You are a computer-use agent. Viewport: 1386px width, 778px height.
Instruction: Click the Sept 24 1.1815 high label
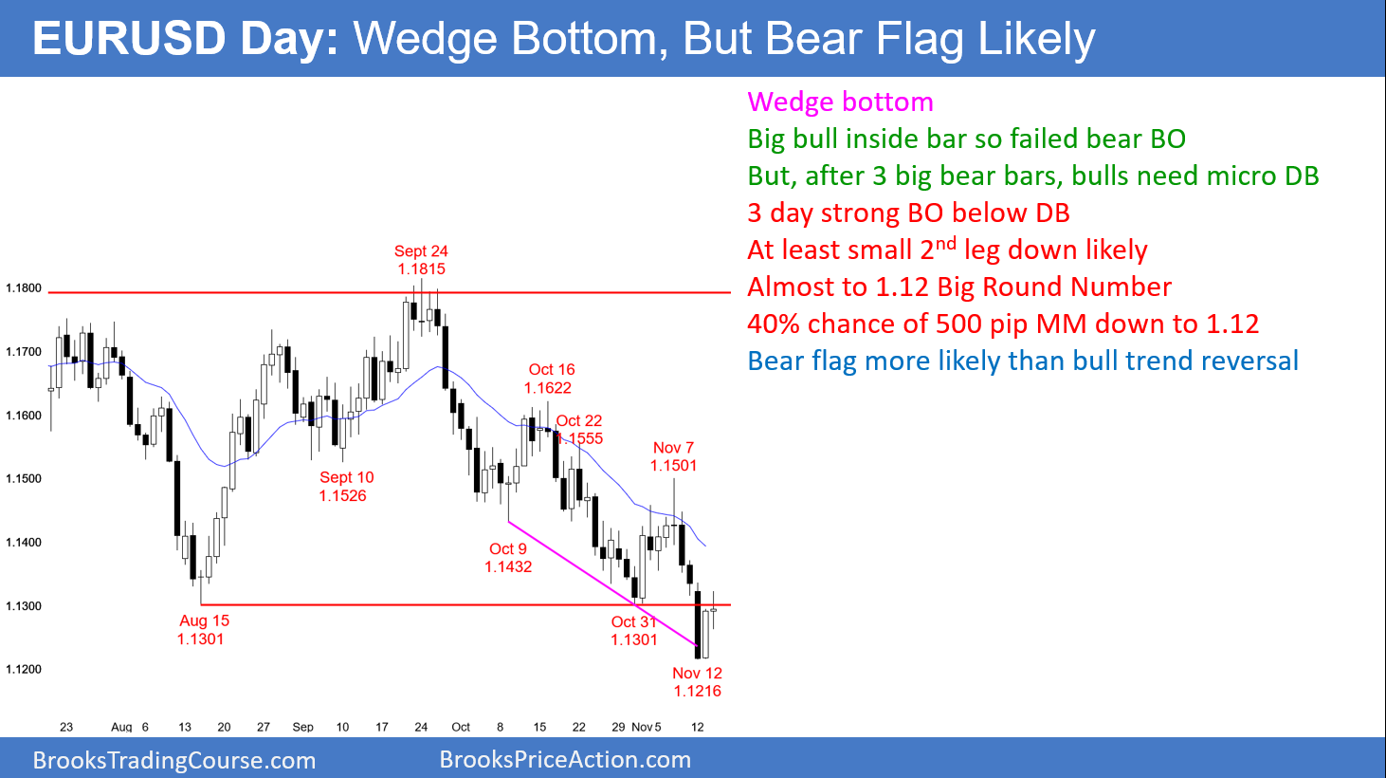421,260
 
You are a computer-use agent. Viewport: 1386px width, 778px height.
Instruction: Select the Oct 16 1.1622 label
551,379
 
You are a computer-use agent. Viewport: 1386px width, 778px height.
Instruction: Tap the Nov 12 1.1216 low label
697,682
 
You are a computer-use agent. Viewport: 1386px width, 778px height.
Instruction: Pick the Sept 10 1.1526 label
345,487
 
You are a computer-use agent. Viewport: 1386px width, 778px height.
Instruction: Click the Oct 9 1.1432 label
508,558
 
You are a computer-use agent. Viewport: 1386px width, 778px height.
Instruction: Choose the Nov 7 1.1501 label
673,456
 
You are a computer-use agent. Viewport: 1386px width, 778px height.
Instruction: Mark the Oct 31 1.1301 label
633,631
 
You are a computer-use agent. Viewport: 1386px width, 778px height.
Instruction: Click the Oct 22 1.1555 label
578,430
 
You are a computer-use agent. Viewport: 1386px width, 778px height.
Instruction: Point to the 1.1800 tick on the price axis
24,288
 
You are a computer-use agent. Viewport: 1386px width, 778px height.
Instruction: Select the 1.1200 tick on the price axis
24,670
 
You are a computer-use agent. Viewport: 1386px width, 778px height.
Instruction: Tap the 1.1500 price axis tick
24,479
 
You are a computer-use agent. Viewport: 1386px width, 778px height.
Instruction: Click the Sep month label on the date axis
302,728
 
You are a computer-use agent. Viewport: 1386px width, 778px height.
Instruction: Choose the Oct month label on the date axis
461,728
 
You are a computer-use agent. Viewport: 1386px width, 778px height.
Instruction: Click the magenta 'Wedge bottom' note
840,102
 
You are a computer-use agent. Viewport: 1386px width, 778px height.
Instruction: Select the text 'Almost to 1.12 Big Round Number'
958,287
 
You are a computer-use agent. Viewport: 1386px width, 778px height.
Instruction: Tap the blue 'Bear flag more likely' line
1022,361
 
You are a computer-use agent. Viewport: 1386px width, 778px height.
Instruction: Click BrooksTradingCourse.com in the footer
173,760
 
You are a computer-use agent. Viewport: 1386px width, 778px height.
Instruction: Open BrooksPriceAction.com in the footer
565,760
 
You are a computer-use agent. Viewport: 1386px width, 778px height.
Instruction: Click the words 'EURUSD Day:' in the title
185,40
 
